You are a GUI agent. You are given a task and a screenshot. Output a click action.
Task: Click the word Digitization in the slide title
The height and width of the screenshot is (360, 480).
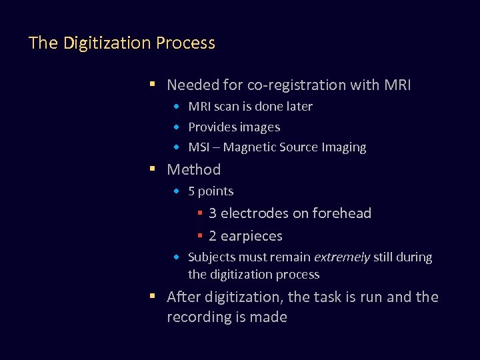[x=107, y=43]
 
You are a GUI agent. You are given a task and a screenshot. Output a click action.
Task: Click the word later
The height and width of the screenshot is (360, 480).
[x=297, y=107]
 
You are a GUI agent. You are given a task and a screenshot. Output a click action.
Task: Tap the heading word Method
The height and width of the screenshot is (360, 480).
[x=193, y=170]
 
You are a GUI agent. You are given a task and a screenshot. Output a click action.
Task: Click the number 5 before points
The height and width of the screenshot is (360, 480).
[x=192, y=191]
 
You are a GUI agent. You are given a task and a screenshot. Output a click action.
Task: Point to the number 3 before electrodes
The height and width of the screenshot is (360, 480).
[x=213, y=213]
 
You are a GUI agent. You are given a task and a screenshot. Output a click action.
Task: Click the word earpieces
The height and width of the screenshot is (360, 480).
[x=251, y=236]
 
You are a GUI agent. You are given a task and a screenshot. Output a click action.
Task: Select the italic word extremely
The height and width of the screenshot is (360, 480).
[x=342, y=257]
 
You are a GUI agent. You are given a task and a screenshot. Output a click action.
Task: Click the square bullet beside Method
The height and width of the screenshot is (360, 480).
[x=153, y=169]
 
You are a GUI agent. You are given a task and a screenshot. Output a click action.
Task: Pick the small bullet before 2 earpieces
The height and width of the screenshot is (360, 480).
[x=199, y=236]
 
